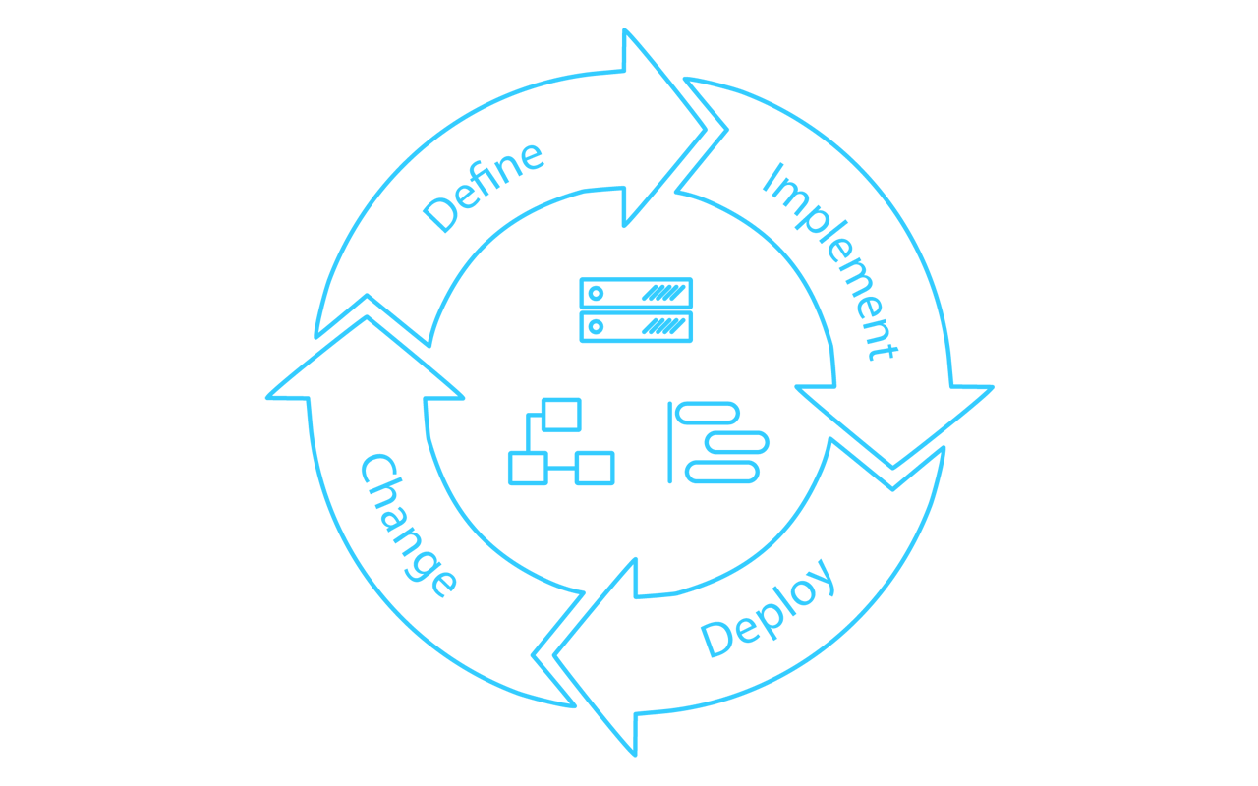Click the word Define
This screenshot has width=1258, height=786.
pos(484,187)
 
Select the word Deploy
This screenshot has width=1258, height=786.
pos(769,608)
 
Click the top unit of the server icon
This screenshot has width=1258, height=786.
pos(636,293)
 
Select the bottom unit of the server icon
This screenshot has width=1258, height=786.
pos(636,326)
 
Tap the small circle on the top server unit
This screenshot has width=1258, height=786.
pos(596,293)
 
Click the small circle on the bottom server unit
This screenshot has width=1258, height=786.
pos(596,326)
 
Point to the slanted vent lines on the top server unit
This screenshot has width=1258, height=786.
pos(663,293)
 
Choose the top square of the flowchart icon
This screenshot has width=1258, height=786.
pos(561,415)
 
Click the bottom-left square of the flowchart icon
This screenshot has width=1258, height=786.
pos(528,468)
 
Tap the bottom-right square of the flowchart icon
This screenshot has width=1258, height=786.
pos(595,468)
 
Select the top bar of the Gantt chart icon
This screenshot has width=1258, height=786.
pos(708,413)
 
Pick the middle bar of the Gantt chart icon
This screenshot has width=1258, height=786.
pos(737,442)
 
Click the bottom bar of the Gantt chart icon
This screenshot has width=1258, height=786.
pos(722,473)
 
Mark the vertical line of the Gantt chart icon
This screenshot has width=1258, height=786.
pos(670,442)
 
